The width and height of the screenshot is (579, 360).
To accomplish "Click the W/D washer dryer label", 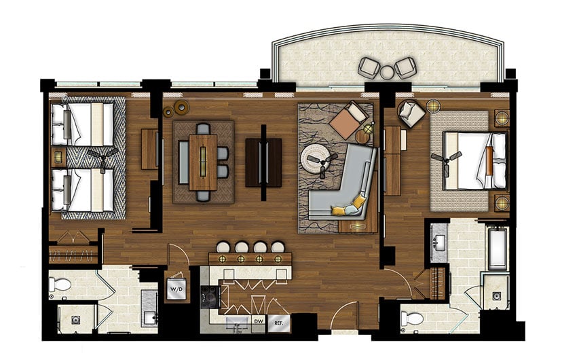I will (x=176, y=289).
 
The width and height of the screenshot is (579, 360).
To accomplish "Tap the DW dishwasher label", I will (x=258, y=321).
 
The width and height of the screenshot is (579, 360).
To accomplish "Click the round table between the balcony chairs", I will (x=388, y=70).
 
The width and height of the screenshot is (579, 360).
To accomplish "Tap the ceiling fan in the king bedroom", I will (x=449, y=157).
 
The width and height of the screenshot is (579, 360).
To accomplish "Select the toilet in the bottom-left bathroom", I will (x=60, y=285).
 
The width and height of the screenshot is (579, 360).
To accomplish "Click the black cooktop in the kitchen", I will (x=210, y=293).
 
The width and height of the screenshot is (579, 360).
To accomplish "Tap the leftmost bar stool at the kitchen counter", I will (x=223, y=247).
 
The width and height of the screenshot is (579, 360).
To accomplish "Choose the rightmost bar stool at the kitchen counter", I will (x=278, y=247).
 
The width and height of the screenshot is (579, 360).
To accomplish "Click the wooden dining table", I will (x=203, y=160).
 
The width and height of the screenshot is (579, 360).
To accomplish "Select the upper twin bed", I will (x=83, y=124).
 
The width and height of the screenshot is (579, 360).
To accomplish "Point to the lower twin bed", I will (x=83, y=189).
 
